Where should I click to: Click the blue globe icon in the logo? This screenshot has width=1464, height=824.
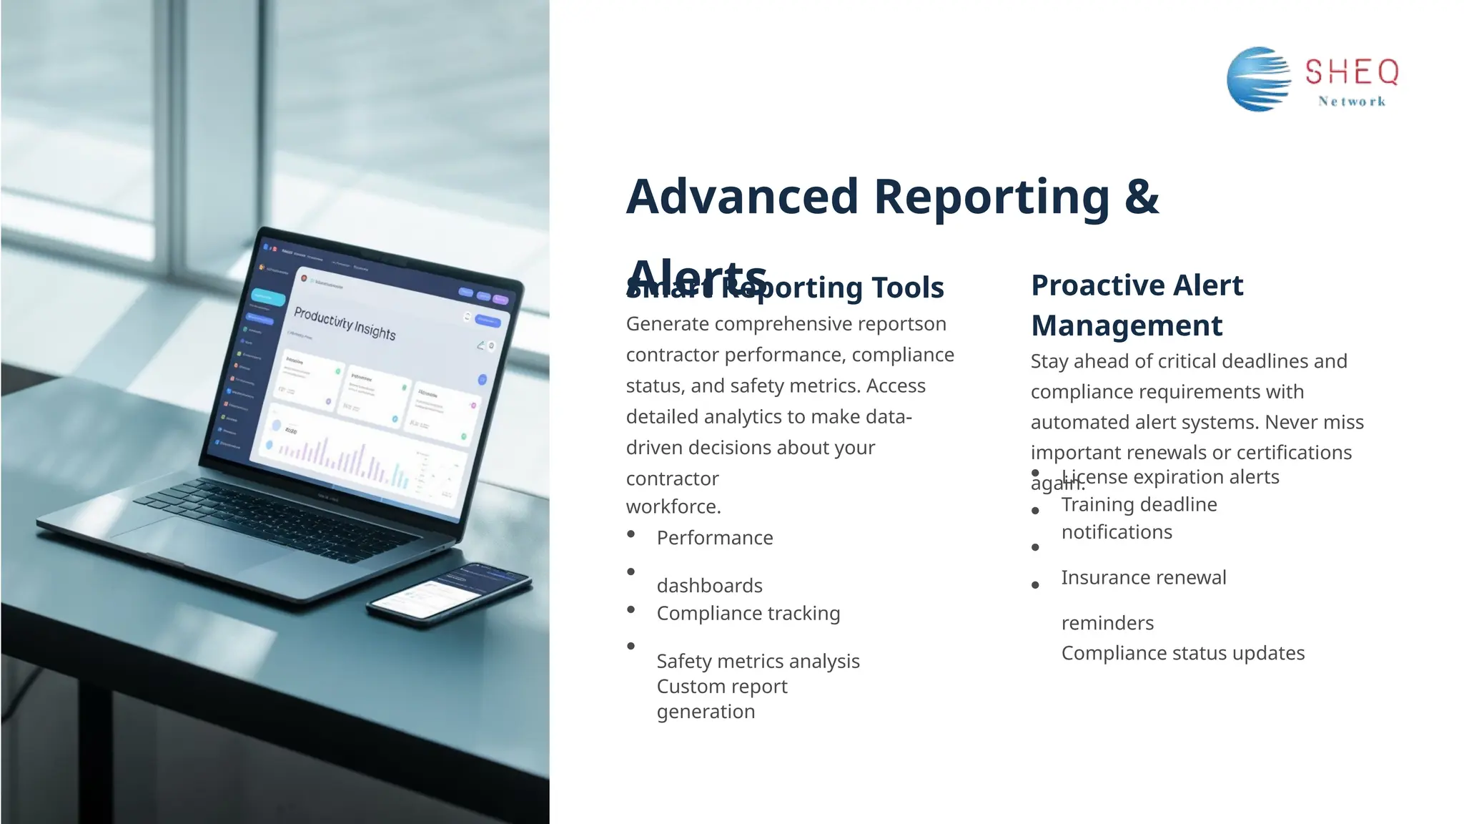pyautogui.click(x=1258, y=79)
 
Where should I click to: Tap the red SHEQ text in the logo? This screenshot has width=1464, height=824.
pyautogui.click(x=1351, y=72)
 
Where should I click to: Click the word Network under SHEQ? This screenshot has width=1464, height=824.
pyautogui.click(x=1352, y=102)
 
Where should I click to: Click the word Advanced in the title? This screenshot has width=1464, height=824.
pyautogui.click(x=742, y=197)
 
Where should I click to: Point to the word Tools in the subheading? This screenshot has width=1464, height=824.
pyautogui.click(x=907, y=288)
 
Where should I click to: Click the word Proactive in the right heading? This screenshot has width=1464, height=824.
pyautogui.click(x=1097, y=285)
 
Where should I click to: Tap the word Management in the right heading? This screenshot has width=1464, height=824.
pyautogui.click(x=1126, y=325)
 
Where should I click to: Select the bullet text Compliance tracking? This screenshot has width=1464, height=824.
pyautogui.click(x=748, y=614)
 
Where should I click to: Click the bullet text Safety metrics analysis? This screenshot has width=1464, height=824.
pyautogui.click(x=758, y=662)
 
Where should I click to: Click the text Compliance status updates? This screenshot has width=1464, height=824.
pyautogui.click(x=1182, y=653)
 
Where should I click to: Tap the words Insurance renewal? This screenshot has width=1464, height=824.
pyautogui.click(x=1143, y=577)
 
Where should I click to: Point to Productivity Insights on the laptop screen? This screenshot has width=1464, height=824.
pyautogui.click(x=345, y=323)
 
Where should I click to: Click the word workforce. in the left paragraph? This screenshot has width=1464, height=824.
pyautogui.click(x=673, y=506)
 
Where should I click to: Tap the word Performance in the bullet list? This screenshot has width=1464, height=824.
pyautogui.click(x=714, y=538)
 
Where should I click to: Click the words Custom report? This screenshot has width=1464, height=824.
pyautogui.click(x=721, y=687)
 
